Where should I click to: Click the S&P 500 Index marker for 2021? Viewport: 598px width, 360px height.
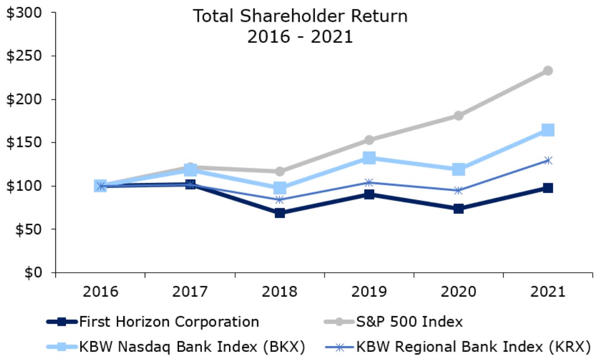548,71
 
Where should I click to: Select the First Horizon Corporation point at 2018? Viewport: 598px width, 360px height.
280,213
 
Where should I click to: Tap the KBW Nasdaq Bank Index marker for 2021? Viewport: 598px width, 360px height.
548,130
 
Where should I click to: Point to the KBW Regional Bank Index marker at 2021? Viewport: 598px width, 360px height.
548,161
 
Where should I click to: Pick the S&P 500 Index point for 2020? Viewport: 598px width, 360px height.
459,116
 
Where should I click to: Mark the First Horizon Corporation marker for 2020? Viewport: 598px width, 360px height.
459,209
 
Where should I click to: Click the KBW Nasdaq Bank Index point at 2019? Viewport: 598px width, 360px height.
369,157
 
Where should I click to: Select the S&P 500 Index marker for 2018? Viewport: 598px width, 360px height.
280,171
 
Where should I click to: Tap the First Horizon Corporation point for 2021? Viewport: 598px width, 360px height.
548,188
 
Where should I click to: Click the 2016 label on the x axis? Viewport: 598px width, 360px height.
100,292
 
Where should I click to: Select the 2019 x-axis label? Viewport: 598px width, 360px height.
369,292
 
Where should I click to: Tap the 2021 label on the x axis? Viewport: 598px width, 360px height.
548,292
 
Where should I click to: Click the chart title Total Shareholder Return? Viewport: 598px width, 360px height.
300,17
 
